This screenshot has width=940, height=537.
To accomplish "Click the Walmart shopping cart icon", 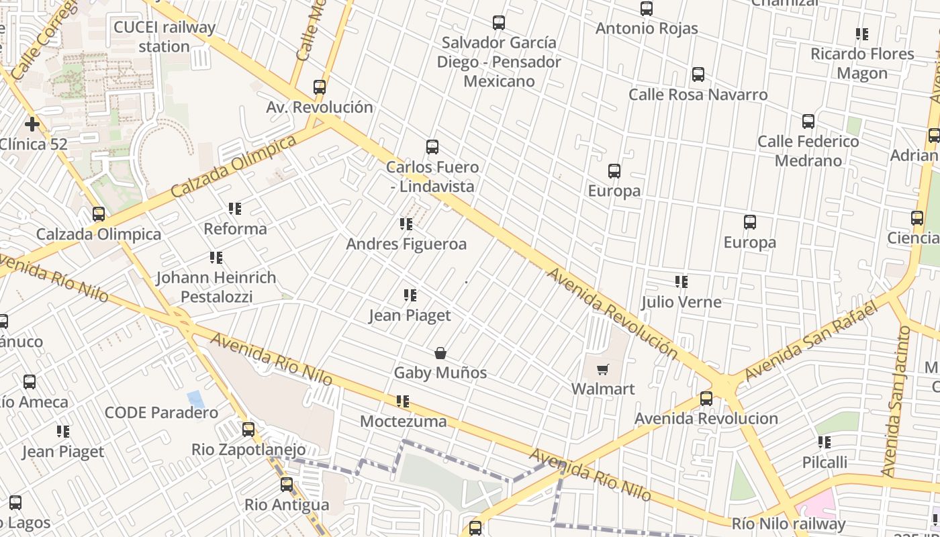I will [x=603, y=369].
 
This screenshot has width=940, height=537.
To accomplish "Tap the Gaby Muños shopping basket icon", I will [x=440, y=353].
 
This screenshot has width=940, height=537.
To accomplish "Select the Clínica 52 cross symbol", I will [x=32, y=124].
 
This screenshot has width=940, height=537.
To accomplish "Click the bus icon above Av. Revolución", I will [x=320, y=87].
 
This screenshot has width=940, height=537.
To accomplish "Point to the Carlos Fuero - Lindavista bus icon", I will [x=432, y=147].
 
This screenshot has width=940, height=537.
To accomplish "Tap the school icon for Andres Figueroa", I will [x=406, y=224].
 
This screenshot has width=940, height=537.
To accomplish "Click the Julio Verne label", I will [x=681, y=302].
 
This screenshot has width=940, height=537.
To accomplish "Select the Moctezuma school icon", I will [x=403, y=401].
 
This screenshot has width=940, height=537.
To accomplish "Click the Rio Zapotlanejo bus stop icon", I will [x=248, y=430].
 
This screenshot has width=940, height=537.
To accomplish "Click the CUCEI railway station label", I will [x=164, y=37].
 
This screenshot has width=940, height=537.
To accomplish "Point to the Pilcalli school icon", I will [x=825, y=442].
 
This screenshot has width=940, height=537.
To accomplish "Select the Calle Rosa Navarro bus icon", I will [x=698, y=75].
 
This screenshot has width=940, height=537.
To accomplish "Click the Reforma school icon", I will [x=235, y=209].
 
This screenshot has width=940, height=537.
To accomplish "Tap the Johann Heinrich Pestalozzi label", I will [x=216, y=287].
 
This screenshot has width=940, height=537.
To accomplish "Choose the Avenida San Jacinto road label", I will [x=896, y=401].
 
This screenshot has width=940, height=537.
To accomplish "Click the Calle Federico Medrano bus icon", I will [x=808, y=121].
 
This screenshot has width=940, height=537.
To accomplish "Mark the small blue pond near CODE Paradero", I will [x=195, y=399].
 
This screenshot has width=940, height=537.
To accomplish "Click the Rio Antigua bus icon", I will [x=287, y=485].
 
